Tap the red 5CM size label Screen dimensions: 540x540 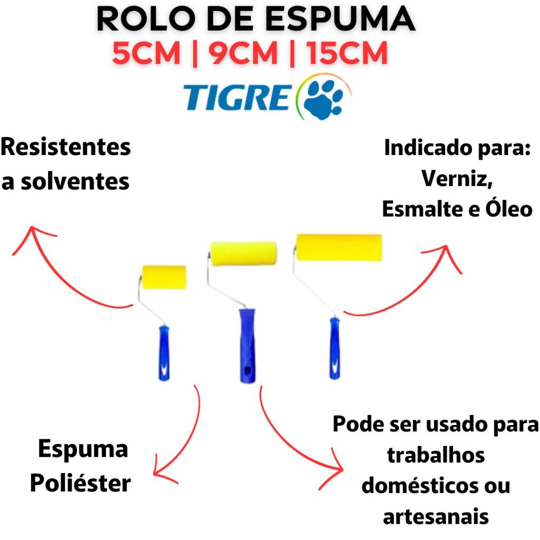click(x=146, y=54)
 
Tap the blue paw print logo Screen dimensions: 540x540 click(x=324, y=97)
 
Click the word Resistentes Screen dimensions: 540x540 click(x=65, y=147)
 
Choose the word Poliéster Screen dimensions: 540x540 click(x=80, y=483)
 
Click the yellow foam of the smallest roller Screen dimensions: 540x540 click(x=164, y=277)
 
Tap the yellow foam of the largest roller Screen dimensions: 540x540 click(x=339, y=247)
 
